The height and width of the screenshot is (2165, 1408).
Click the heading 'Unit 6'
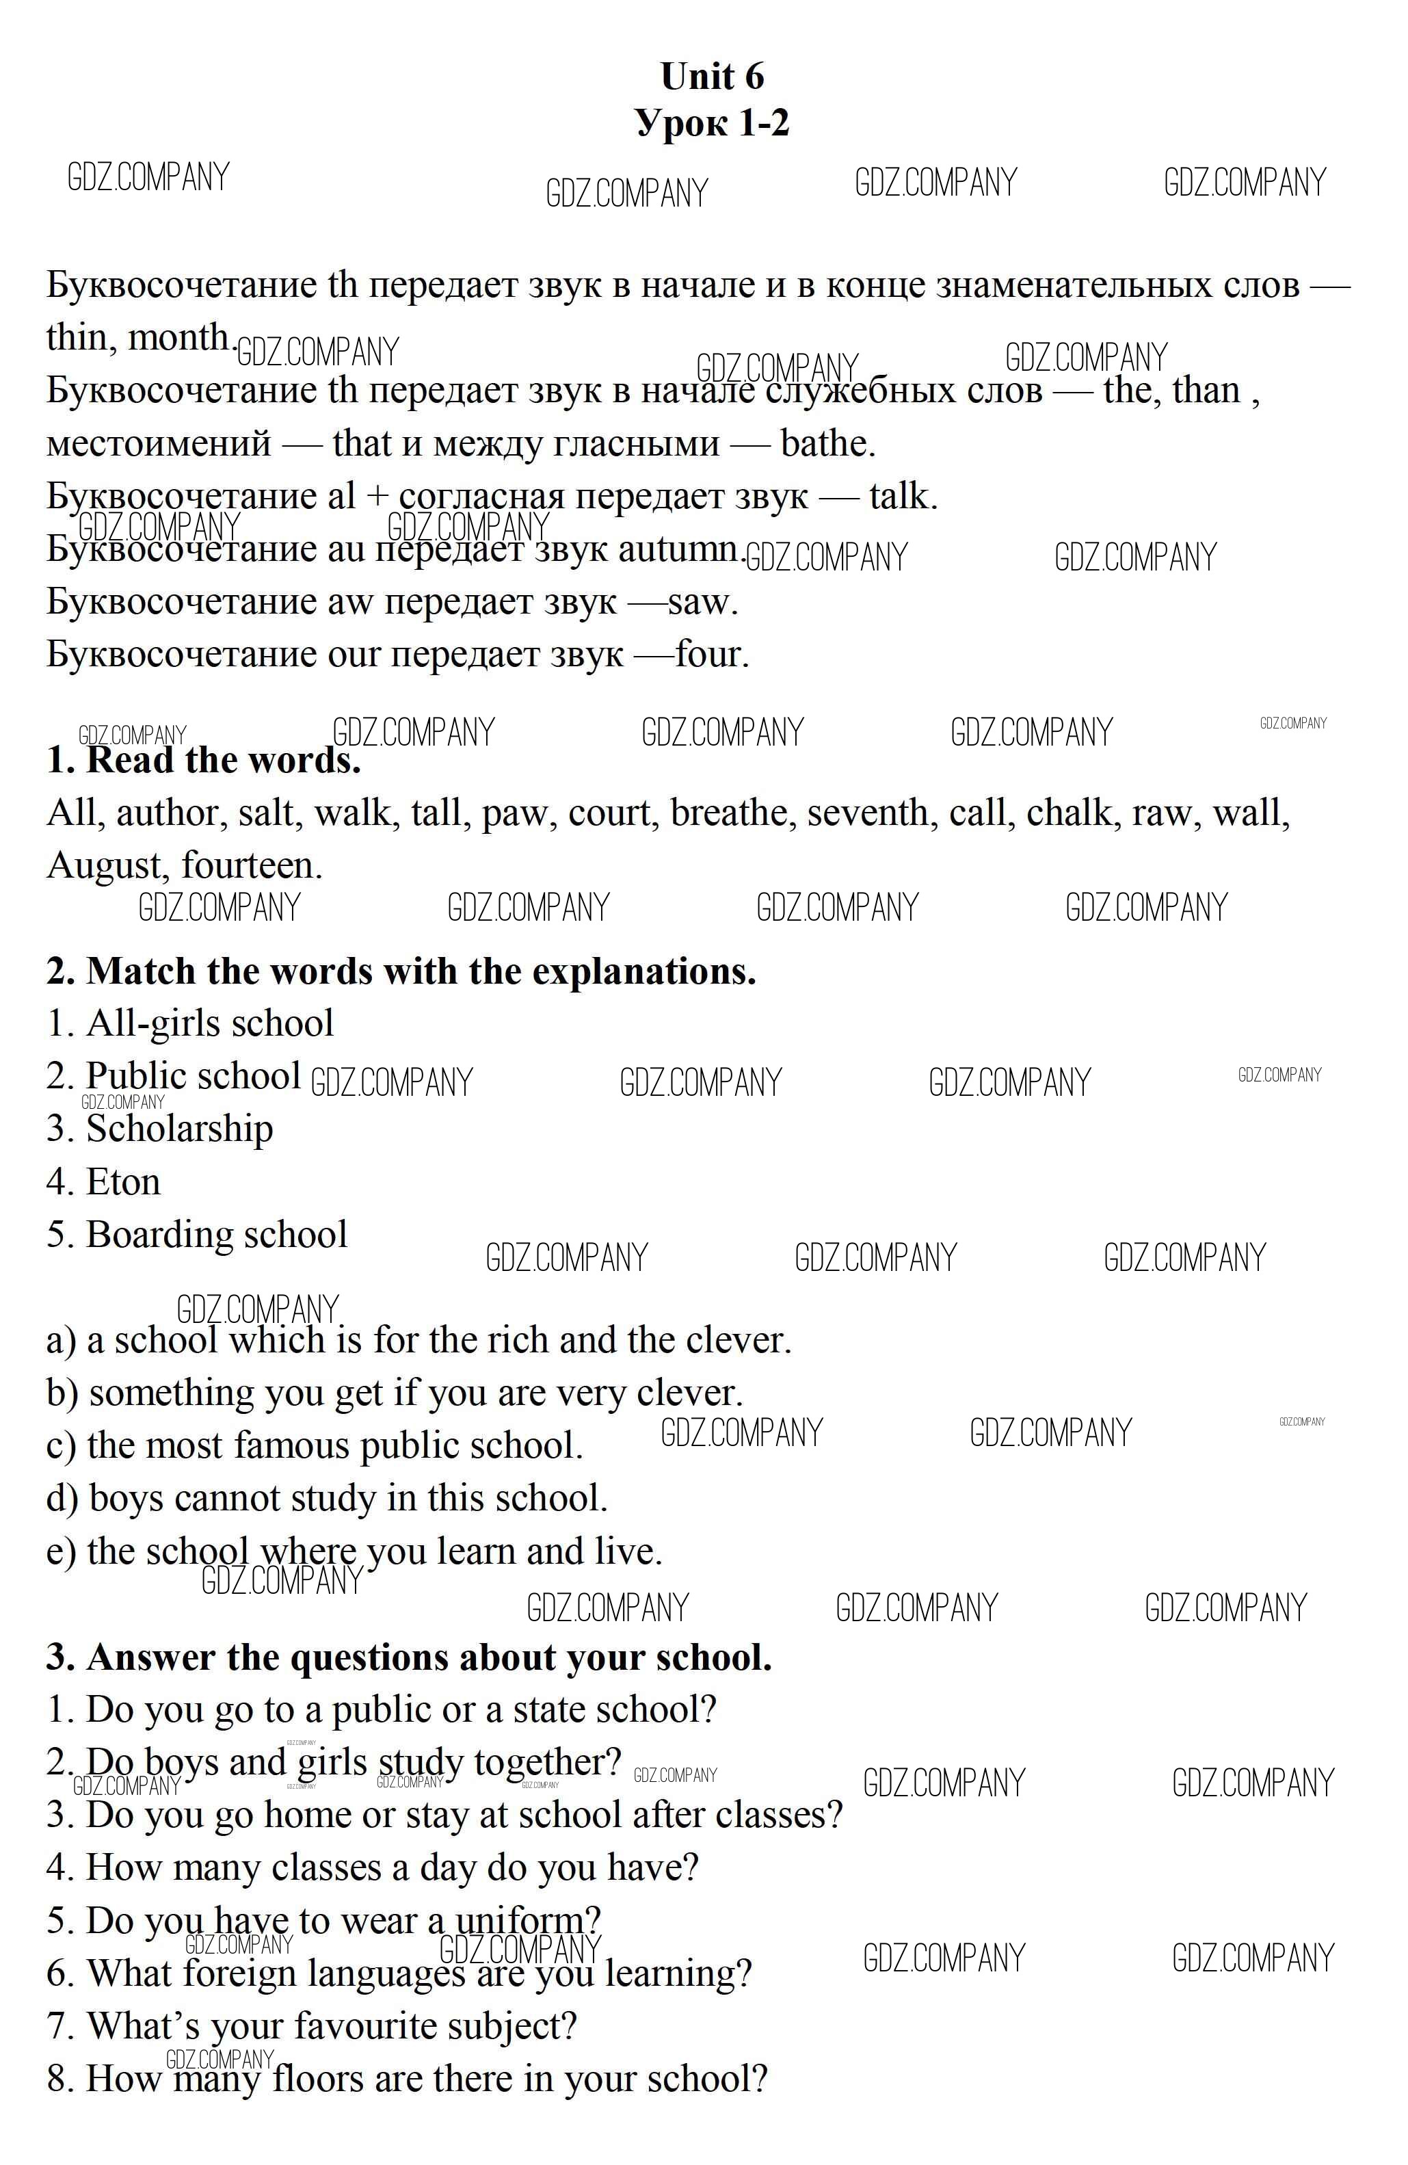[712, 77]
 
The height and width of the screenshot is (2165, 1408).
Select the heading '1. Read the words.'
[204, 759]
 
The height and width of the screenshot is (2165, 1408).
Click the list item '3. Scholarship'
[160, 1129]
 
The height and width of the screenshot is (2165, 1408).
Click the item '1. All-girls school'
[190, 1023]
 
